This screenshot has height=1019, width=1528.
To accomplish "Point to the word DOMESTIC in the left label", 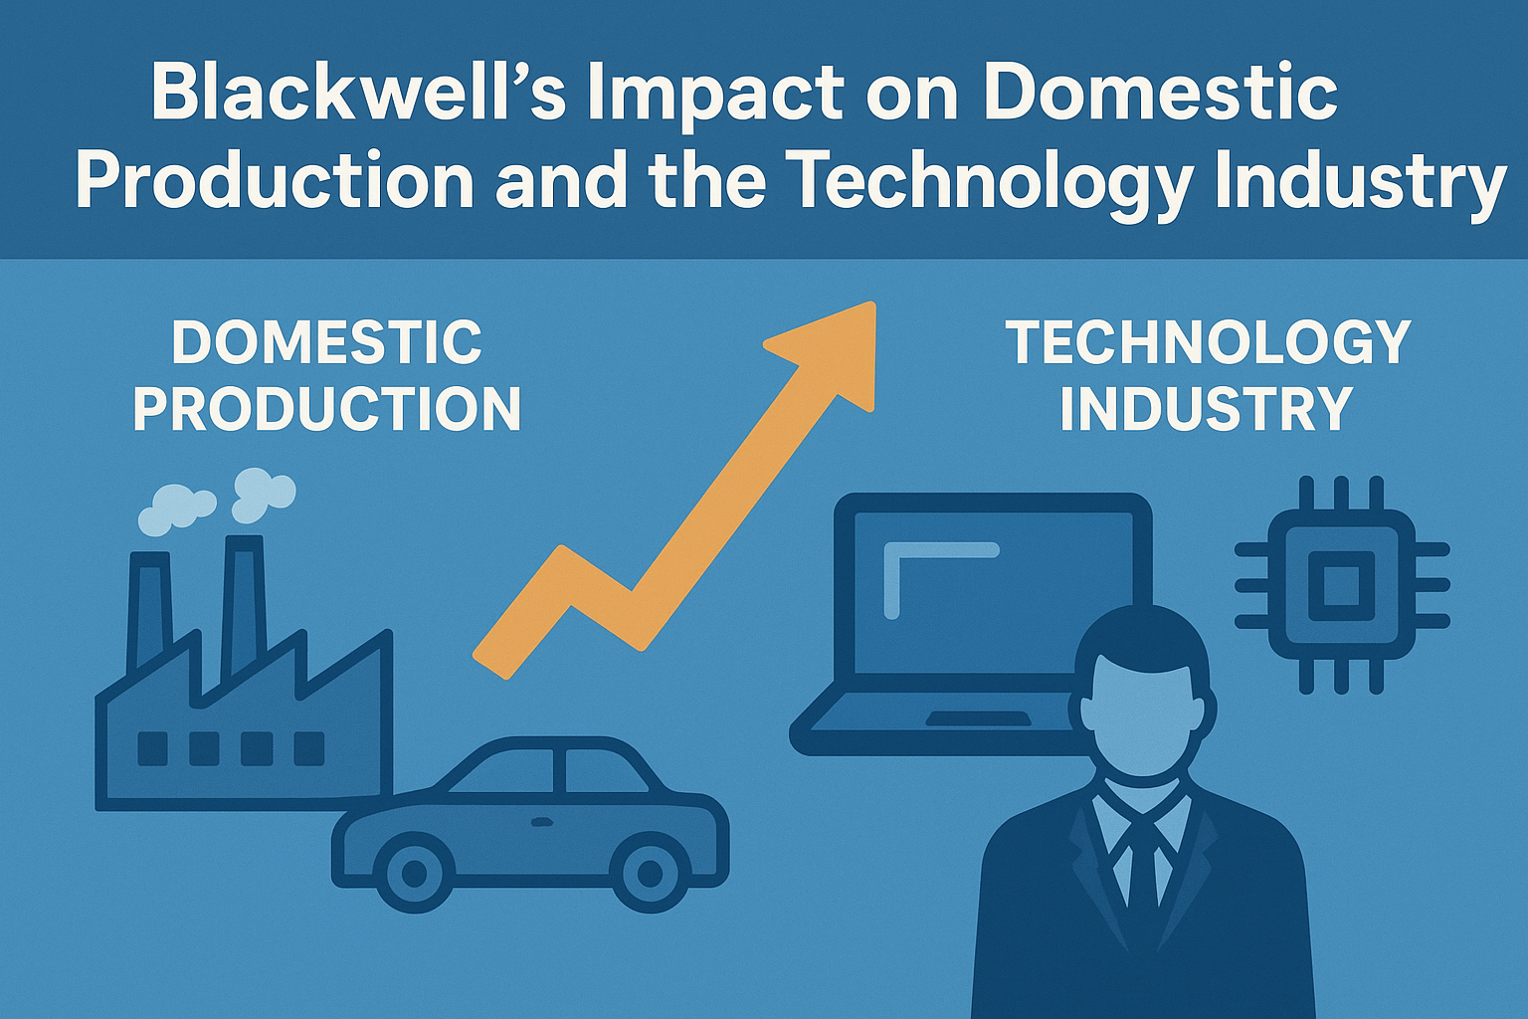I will pos(326,342).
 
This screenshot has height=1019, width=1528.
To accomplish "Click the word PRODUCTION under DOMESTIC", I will pos(326,409).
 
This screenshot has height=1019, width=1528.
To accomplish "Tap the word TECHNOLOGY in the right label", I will pos(1208,342).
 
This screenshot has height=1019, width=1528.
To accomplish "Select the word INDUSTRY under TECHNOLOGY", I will pos(1206,409).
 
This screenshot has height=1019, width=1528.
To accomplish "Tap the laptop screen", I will pos(985,597).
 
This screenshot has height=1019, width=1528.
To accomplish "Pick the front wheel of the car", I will pos(413,875).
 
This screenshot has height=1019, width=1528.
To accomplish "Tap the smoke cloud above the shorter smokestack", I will pos(175,508).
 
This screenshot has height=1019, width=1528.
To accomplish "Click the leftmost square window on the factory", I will pos(152,748).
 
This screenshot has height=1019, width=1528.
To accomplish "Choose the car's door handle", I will pos(541,822).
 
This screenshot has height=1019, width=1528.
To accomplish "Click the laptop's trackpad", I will pos(977,717).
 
